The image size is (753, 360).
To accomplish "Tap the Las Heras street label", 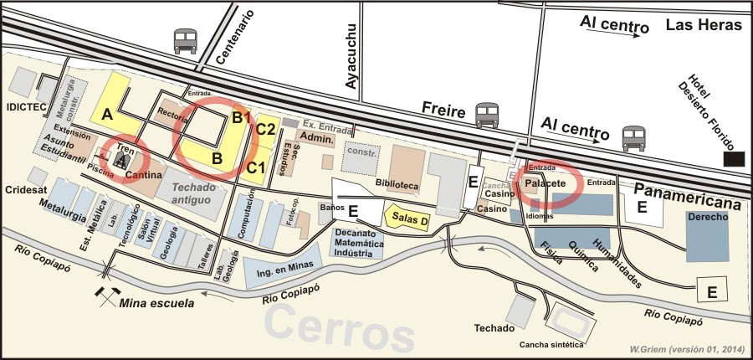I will click(x=704, y=25).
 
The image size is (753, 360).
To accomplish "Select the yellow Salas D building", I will click(x=407, y=219).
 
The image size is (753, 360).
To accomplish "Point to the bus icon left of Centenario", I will click(x=185, y=40).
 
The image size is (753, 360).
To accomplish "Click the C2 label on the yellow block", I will click(x=266, y=128).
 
